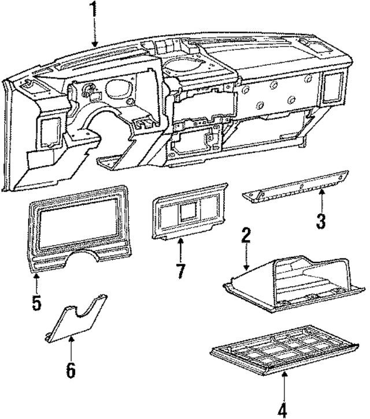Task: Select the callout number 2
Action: point(246,235)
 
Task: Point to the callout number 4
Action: point(282,410)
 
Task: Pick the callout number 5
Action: point(36,302)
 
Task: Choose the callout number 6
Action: point(71,370)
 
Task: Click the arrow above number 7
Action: point(180,248)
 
